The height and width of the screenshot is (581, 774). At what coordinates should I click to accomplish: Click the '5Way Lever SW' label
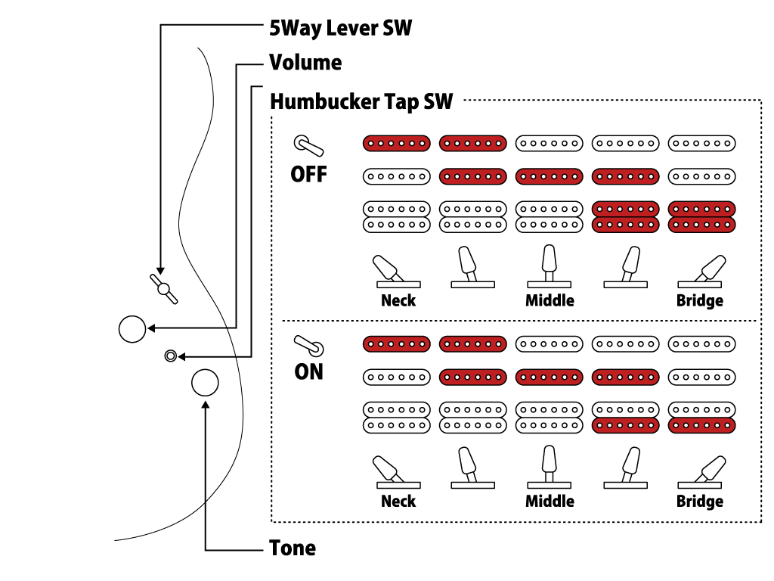[x=340, y=28]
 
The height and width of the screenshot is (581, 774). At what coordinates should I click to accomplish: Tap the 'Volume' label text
[x=305, y=62]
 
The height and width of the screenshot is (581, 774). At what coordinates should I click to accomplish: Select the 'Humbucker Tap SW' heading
[x=361, y=101]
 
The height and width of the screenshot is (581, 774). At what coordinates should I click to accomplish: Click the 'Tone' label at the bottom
[x=293, y=548]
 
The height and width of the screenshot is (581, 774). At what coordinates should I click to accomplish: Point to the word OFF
[x=308, y=174]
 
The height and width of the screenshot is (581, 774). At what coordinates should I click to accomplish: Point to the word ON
[x=308, y=372]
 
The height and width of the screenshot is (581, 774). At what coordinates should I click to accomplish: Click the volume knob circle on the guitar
[x=132, y=328]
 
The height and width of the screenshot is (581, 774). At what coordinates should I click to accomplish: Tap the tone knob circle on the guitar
[x=205, y=384]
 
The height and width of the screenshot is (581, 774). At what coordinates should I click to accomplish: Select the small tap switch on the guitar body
[x=171, y=356]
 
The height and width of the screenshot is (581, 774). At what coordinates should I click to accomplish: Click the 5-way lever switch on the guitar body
[x=164, y=289]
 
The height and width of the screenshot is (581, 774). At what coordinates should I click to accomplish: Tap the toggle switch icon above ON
[x=308, y=345]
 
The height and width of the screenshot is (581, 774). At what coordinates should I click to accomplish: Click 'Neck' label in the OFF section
[x=398, y=300]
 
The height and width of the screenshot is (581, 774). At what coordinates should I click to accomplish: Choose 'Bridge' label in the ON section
[x=699, y=501]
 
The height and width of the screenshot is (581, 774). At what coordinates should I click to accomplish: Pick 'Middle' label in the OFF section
[x=550, y=300]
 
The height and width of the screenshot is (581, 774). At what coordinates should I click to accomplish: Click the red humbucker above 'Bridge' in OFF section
[x=701, y=216]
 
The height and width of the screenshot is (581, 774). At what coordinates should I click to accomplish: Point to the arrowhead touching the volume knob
[x=151, y=328]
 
